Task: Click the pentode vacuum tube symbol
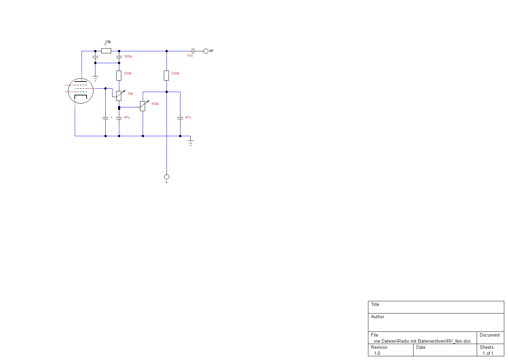81,91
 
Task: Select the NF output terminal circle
206,51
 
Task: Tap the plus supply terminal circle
167,177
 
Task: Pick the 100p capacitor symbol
119,56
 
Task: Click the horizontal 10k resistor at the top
106,51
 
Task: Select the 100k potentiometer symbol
143,106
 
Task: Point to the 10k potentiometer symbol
119,96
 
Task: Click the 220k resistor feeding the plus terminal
167,75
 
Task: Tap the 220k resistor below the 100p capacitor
119,75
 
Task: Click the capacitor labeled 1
105,118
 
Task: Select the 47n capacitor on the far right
180,118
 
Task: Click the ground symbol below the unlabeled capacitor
95,79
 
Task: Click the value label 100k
155,104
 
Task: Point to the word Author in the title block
378,317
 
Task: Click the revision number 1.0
377,353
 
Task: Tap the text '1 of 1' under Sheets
488,353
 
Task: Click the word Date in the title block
421,347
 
